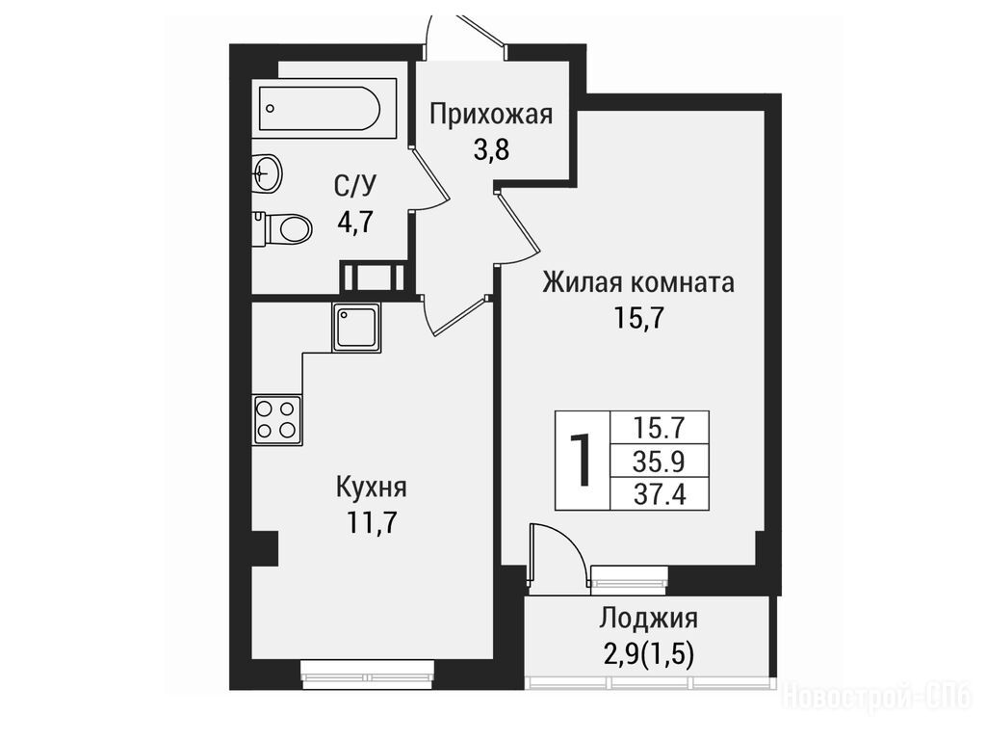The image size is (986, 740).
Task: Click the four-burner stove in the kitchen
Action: point(277,420)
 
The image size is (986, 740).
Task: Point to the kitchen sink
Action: point(356,327)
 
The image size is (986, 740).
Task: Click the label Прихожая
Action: point(491,116)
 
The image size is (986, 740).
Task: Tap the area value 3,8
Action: point(491,151)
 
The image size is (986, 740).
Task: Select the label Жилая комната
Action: point(638,283)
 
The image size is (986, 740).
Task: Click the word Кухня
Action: point(372,488)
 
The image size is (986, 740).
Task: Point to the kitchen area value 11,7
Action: point(372,522)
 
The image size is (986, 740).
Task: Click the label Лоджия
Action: point(648,619)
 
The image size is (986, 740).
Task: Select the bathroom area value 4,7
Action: point(354,222)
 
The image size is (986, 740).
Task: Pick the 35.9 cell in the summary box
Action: point(659,462)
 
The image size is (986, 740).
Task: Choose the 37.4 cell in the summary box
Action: point(659,494)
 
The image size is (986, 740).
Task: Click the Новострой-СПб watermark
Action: point(876,698)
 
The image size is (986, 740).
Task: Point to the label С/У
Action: point(354,186)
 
